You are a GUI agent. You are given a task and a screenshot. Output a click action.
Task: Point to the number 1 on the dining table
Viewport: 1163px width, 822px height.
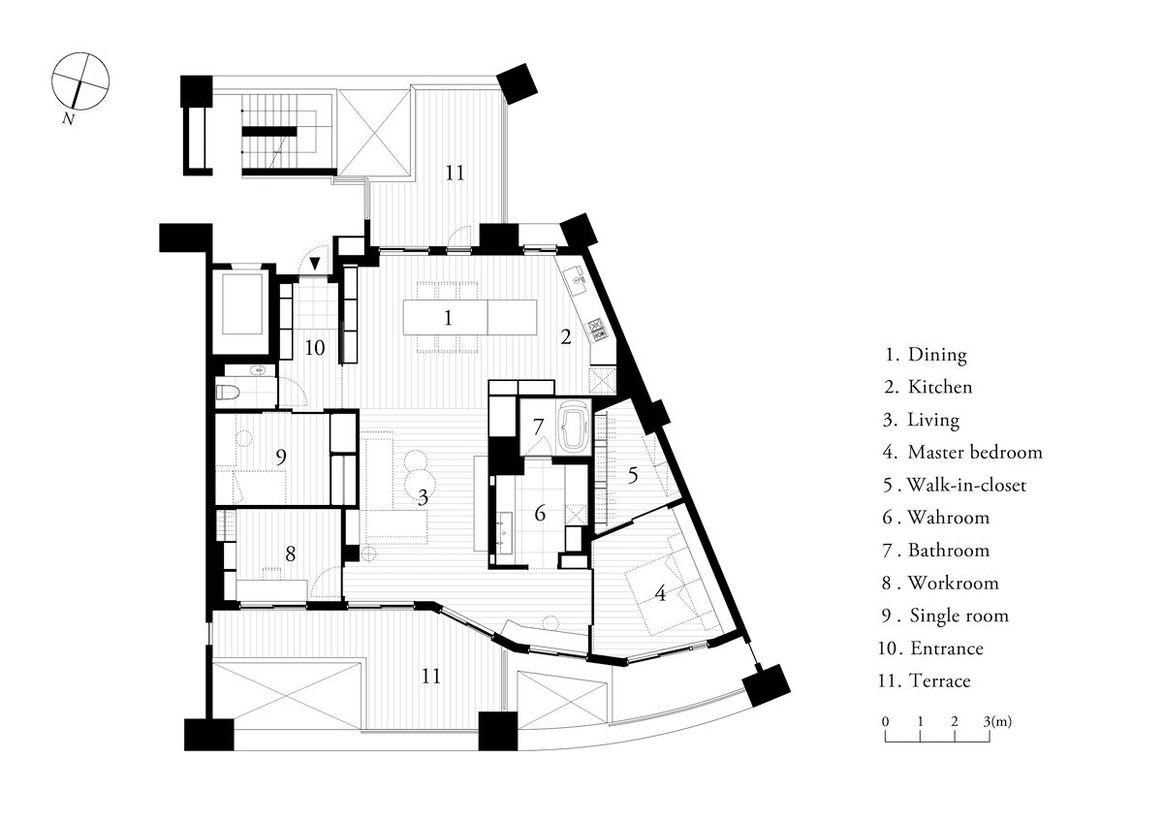click(447, 317)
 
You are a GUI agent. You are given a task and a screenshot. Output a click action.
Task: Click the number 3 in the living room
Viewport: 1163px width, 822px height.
click(423, 498)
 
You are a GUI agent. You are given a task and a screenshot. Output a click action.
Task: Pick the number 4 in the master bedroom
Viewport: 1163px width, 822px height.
click(660, 592)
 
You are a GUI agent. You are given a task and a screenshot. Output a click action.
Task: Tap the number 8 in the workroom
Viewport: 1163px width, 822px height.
click(290, 553)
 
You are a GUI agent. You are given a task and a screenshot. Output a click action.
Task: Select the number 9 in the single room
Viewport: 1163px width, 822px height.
click(280, 457)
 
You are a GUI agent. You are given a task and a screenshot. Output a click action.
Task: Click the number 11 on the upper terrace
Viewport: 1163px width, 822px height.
click(455, 174)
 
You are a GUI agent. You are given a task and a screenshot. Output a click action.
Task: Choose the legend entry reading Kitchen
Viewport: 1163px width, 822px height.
click(939, 387)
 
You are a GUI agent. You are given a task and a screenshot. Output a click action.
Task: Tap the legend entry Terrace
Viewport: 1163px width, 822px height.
click(939, 680)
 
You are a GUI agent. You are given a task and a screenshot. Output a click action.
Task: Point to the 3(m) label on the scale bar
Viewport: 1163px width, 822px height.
click(997, 721)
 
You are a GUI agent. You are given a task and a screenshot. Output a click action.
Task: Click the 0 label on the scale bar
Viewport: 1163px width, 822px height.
click(886, 721)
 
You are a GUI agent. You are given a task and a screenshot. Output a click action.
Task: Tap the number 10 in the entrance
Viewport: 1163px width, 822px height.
click(315, 347)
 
